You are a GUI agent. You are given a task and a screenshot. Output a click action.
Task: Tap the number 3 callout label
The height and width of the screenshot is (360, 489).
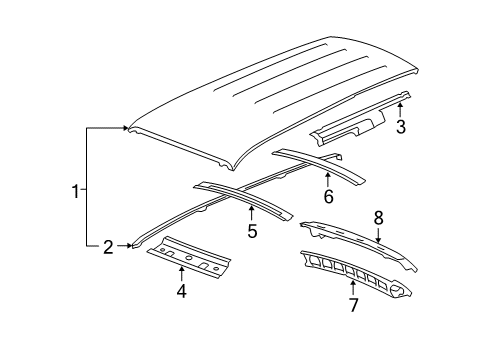[401, 127]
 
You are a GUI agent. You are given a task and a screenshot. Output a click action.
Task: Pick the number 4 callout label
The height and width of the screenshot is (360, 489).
[181, 292]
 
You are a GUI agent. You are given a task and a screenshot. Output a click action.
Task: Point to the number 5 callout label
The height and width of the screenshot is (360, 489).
[252, 232]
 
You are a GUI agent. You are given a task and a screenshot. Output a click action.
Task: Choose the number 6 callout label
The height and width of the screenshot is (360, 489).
[327, 196]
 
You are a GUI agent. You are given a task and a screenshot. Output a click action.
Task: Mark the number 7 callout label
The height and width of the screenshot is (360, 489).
[351, 303]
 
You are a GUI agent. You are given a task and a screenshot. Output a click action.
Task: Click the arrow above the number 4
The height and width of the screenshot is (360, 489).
[181, 273]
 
